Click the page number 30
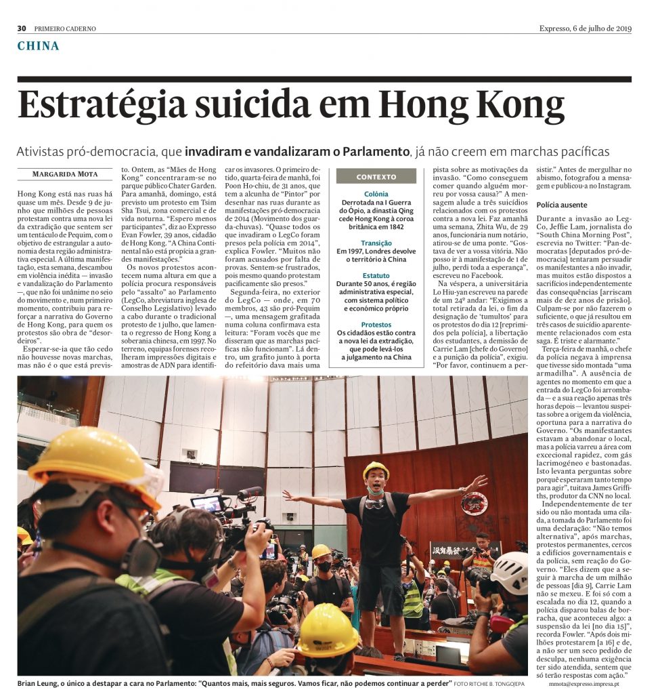coord(22,28)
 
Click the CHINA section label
coord(39,46)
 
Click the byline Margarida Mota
coord(65,174)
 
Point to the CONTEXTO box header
coord(376,177)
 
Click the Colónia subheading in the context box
coord(376,193)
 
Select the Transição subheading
coord(376,243)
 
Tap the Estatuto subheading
coord(376,276)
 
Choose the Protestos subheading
coord(376,325)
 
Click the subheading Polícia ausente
coord(562,205)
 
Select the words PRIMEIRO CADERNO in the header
coord(65,28)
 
